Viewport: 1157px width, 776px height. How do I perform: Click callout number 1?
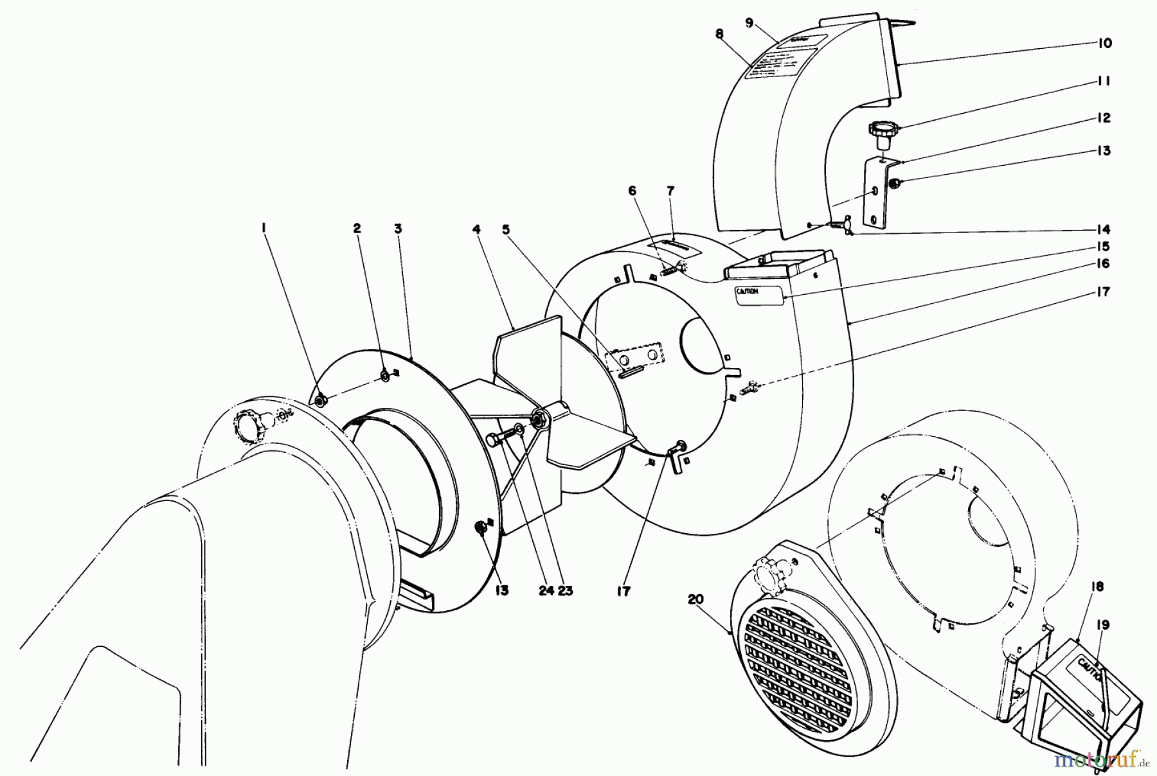tap(265, 227)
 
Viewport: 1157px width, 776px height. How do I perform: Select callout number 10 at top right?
tap(1104, 44)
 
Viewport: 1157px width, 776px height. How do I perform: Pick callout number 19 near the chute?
tap(1103, 624)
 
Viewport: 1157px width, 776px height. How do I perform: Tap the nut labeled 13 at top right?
tap(893, 184)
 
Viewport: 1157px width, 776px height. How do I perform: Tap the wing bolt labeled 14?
tap(836, 225)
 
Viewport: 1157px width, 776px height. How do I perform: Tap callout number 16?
tap(1104, 264)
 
